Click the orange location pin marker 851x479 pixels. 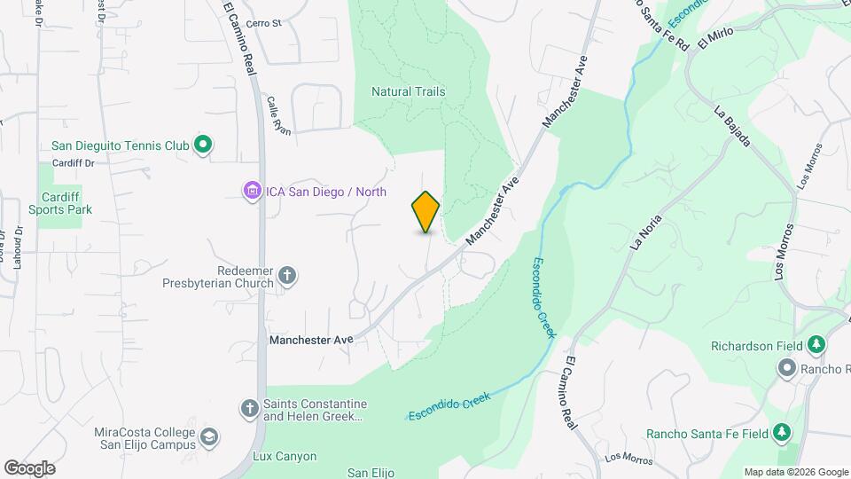pos(426,211)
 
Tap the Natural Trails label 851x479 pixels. pos(408,91)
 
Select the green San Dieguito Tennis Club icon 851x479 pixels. pos(203,144)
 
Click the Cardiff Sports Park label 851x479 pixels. pos(60,203)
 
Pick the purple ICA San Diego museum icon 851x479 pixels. pos(252,190)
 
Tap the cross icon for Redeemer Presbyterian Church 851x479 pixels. pos(286,275)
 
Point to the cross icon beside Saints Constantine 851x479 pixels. pos(250,408)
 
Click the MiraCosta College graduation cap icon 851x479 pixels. pos(208,436)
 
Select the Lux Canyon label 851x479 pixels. pos(285,457)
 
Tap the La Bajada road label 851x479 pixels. pos(733,127)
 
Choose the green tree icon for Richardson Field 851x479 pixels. pos(816,345)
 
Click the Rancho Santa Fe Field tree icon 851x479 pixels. pos(781,433)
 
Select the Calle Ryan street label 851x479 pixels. pos(278,114)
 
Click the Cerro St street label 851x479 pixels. pos(263,24)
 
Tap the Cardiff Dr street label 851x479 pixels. pos(73,163)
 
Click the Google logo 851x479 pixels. pos(29,467)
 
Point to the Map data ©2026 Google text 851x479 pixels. pos(796,472)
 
